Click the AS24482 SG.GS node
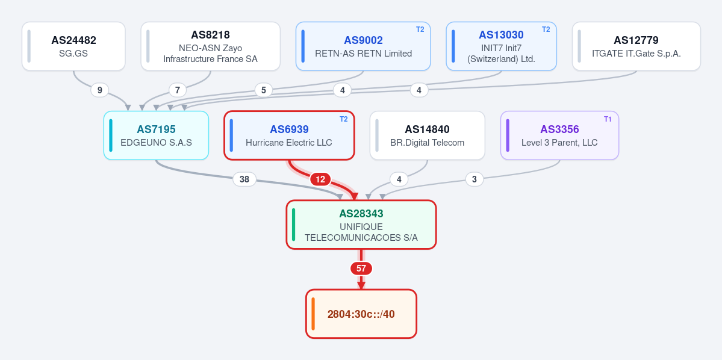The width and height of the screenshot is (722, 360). [73, 46]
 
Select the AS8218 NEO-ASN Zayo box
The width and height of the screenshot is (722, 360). [210, 46]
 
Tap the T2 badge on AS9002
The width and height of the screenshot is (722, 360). [420, 29]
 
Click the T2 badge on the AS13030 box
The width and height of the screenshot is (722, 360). [546, 29]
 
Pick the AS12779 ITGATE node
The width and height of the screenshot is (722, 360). [636, 46]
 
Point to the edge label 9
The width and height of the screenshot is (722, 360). [100, 90]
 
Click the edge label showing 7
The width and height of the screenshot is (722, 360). [178, 90]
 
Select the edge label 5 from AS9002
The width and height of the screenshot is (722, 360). [263, 90]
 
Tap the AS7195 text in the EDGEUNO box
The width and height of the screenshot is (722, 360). [156, 129]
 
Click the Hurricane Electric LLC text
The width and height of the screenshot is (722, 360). [288, 143]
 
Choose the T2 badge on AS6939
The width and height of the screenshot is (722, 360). [343, 119]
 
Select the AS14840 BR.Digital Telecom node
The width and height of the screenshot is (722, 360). [428, 135]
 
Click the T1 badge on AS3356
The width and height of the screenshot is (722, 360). [608, 119]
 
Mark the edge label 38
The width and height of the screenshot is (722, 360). [244, 179]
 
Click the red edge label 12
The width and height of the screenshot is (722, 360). [320, 179]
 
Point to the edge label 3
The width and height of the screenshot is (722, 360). [475, 179]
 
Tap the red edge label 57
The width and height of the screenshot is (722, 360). [361, 268]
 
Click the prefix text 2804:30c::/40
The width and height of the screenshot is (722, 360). [361, 314]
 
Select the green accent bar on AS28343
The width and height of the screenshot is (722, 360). [294, 225]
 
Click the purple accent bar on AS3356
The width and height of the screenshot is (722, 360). [508, 135]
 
